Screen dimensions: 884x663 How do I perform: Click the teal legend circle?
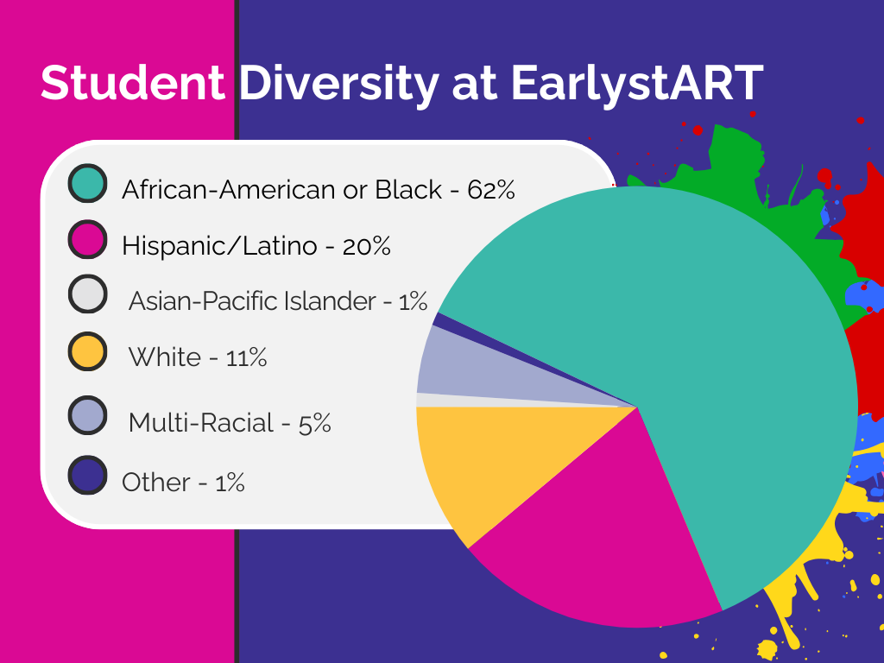point(87,183)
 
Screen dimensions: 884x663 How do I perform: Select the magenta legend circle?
point(87,239)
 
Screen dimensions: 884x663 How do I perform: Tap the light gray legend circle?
point(87,294)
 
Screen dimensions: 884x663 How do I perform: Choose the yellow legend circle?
point(87,351)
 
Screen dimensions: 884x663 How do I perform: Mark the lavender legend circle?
point(87,415)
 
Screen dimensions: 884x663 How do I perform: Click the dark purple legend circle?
point(87,475)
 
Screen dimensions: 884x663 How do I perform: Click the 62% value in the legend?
point(491,190)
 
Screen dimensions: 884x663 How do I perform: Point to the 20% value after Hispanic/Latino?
point(366,246)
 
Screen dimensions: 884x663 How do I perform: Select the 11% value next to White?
point(246,357)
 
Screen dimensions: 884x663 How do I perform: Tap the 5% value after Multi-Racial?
point(314,423)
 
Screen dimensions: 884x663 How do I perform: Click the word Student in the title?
point(132,83)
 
